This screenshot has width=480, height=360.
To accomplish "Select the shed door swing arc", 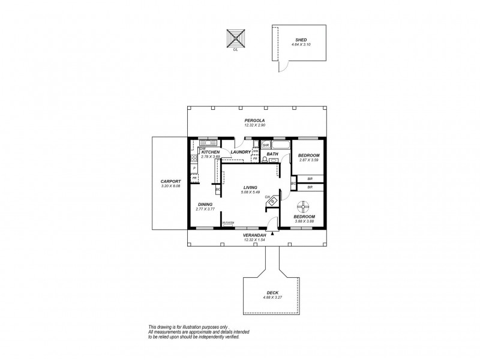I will coord(282,65).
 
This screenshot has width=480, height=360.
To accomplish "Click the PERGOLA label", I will coord(254,121).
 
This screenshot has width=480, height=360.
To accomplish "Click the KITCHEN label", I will coord(211,152).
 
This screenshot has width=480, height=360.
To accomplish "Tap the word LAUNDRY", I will coord(239,152).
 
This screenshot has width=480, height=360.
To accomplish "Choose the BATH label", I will coord(272,154).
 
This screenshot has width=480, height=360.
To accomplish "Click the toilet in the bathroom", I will coord(265,160).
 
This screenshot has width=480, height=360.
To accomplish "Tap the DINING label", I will coord(205,205).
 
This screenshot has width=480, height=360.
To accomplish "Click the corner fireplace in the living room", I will coord(272,202).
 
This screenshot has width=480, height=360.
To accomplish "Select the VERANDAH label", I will coord(254,235).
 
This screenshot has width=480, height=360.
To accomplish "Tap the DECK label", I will coord(272,292).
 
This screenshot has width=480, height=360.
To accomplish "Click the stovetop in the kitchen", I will coord(194,158).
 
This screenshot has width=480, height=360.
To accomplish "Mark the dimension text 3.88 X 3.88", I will coord(305,222).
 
